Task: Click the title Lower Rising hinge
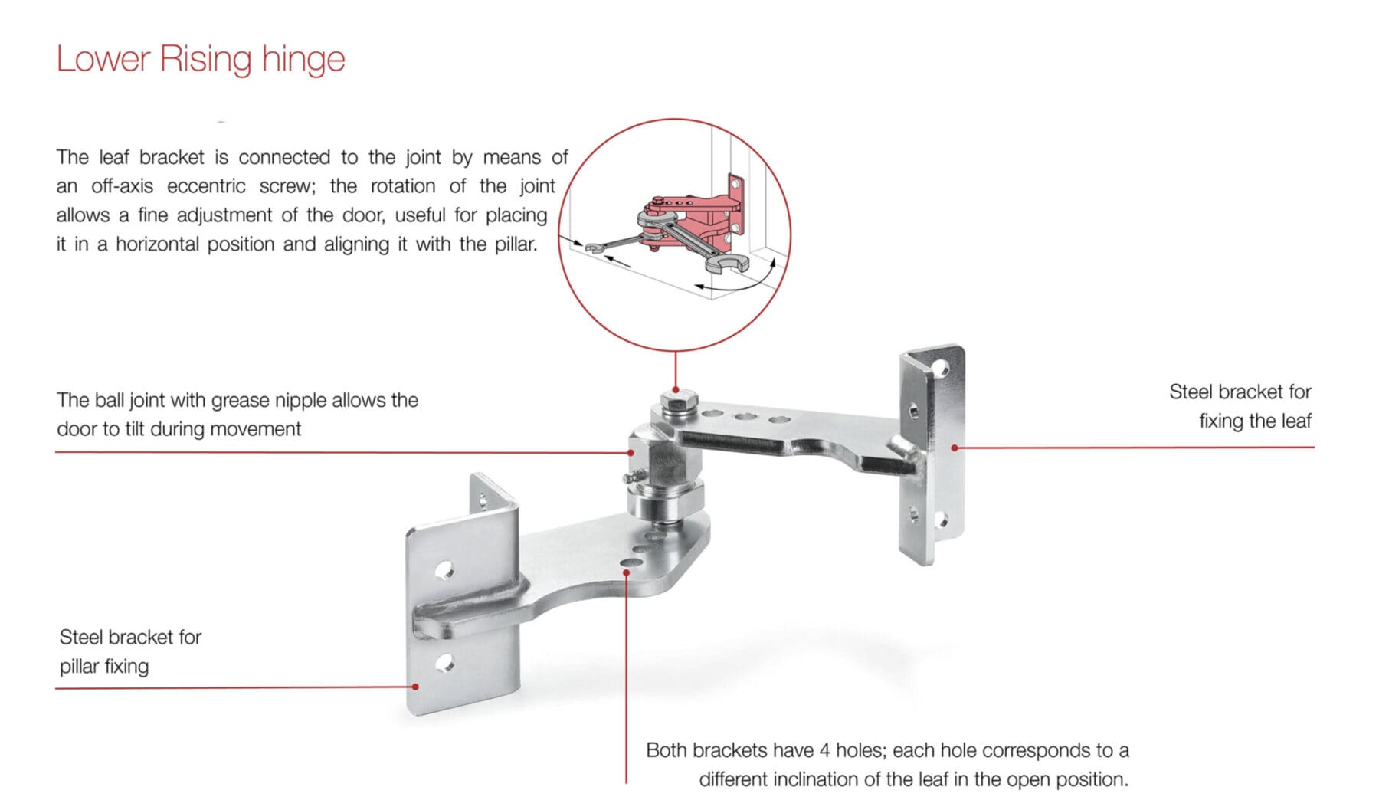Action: pyautogui.click(x=201, y=59)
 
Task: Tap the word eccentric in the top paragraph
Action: pyautogui.click(x=206, y=186)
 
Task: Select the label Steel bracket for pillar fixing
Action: pyautogui.click(x=130, y=651)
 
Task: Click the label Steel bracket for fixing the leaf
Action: pyautogui.click(x=1240, y=406)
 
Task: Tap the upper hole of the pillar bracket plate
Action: pyautogui.click(x=444, y=570)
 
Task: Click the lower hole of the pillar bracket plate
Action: pyautogui.click(x=444, y=663)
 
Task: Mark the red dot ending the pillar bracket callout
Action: pyautogui.click(x=415, y=687)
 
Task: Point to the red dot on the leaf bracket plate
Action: pyautogui.click(x=955, y=448)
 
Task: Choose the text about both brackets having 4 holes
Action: pyautogui.click(x=887, y=764)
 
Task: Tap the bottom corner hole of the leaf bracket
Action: pyautogui.click(x=942, y=523)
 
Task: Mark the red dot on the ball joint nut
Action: pyautogui.click(x=631, y=452)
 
